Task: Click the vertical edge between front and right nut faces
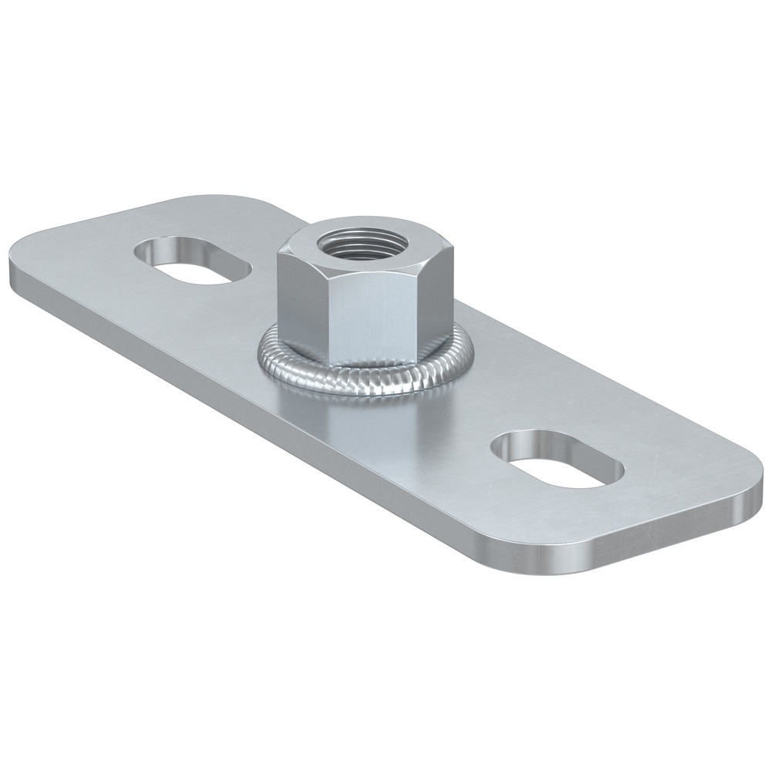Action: point(420,305)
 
